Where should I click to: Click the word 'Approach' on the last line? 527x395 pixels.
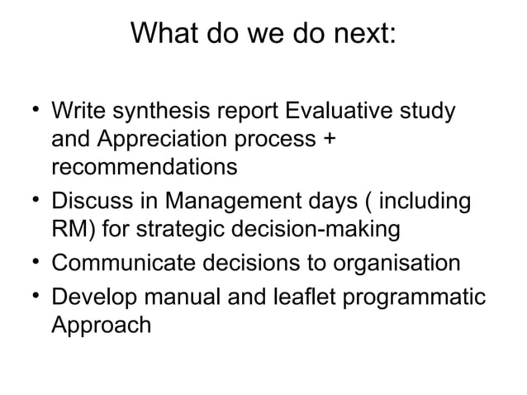click(x=102, y=325)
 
